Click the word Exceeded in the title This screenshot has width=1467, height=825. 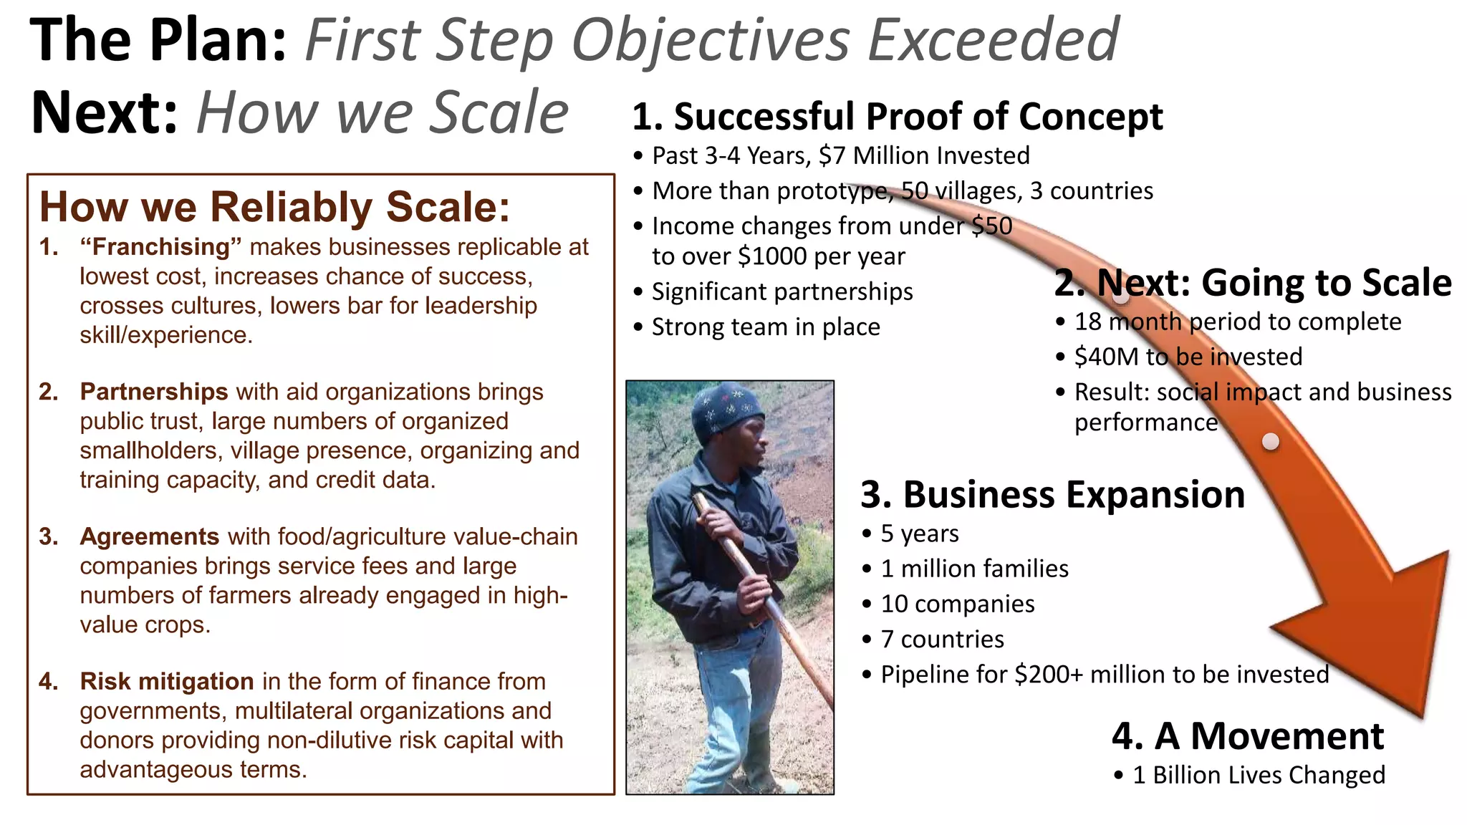(x=993, y=40)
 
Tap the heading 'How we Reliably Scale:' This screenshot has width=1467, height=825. (x=274, y=207)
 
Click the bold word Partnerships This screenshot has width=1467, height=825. (x=153, y=392)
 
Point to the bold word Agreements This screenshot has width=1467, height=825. (x=149, y=536)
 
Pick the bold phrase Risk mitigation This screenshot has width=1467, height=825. (x=166, y=681)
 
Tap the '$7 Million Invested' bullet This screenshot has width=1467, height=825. (x=924, y=155)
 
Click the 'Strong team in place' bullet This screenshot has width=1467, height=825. (x=765, y=327)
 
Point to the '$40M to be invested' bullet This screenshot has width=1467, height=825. (x=1188, y=357)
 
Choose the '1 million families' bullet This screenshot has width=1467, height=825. (x=974, y=569)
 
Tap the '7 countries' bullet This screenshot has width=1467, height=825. (x=942, y=639)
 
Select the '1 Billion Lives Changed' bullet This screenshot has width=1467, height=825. (x=1258, y=775)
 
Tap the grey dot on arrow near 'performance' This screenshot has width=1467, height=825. (x=1271, y=441)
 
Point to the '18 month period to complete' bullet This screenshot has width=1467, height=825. (x=1237, y=322)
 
